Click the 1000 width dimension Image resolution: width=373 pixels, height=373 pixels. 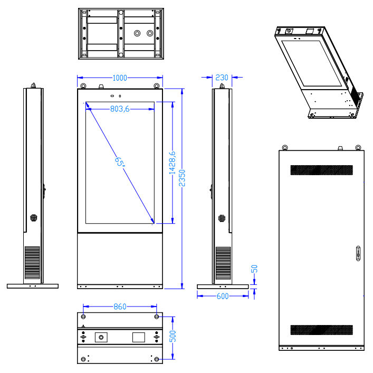pos(120,78)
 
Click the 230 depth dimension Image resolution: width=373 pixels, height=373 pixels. pos(222,78)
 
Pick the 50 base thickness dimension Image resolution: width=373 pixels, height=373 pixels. pos(254,269)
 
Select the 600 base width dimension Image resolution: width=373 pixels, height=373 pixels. pos(223,296)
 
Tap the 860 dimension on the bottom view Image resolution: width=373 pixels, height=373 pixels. pos(120,307)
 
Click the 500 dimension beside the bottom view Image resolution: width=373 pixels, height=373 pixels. pos(173,336)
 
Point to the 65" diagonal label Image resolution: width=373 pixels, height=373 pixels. pos(121,161)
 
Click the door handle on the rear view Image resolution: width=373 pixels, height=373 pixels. pos(357,253)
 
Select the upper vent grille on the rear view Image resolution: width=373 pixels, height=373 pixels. pos(321,170)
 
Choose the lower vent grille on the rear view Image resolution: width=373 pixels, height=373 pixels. pos(321,330)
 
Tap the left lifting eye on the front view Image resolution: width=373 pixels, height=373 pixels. pos(83,86)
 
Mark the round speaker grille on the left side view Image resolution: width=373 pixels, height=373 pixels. pos(34,217)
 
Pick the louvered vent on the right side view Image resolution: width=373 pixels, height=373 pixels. pos(223,263)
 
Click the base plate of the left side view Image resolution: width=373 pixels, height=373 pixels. pos(32,286)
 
